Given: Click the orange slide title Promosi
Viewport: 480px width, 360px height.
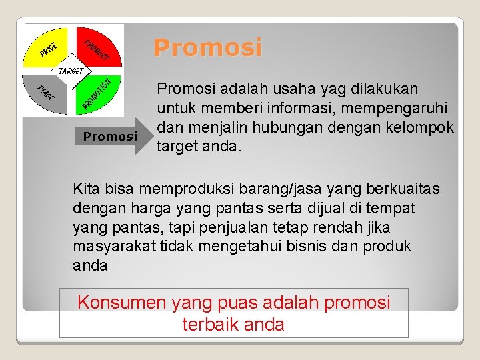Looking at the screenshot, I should [x=207, y=48].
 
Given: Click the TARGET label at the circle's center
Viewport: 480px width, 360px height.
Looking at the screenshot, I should [x=71, y=70].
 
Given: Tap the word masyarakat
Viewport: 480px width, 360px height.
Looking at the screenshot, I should [x=115, y=246].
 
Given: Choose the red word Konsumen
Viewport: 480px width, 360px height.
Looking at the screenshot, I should [x=121, y=302].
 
